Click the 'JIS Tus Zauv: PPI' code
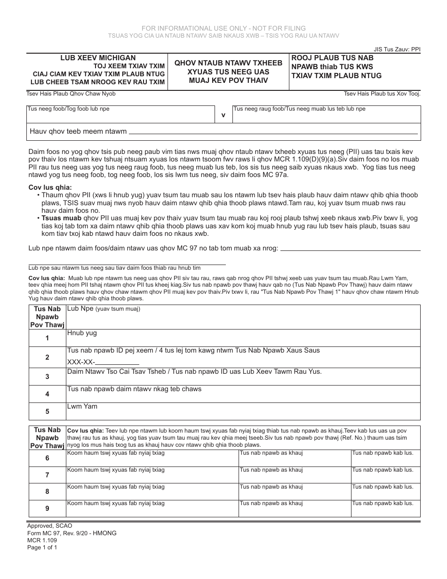pyautogui.click(x=397, y=48)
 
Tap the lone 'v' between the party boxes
pyautogui.click(x=223, y=114)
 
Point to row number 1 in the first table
pyautogui.click(x=47, y=338)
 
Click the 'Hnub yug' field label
pyautogui.click(x=82, y=333)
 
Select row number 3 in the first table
pyautogui.click(x=47, y=377)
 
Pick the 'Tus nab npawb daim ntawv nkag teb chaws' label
pyautogui.click(x=134, y=389)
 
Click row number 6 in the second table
pyautogui.click(x=47, y=458)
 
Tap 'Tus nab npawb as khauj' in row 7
pyautogui.click(x=271, y=470)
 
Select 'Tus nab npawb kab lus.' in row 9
pyautogui.click(x=383, y=503)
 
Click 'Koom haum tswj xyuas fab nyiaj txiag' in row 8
pyautogui.click(x=116, y=486)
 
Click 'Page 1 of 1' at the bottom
pyautogui.click(x=42, y=547)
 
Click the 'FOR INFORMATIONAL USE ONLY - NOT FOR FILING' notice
pyautogui.click(x=223, y=28)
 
